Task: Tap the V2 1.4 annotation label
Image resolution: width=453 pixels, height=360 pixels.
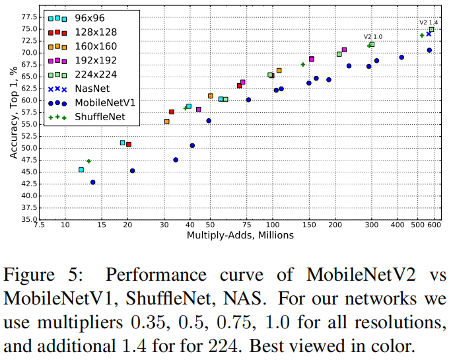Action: click(x=428, y=22)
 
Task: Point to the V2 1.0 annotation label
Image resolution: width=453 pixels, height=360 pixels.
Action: click(x=372, y=37)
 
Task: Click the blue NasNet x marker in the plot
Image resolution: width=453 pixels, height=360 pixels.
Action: click(x=429, y=34)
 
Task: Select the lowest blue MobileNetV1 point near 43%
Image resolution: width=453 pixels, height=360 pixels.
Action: click(x=92, y=182)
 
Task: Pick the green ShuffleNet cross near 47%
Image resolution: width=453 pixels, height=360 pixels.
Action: click(x=89, y=161)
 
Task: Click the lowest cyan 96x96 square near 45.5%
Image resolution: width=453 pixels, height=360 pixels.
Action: click(x=81, y=170)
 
